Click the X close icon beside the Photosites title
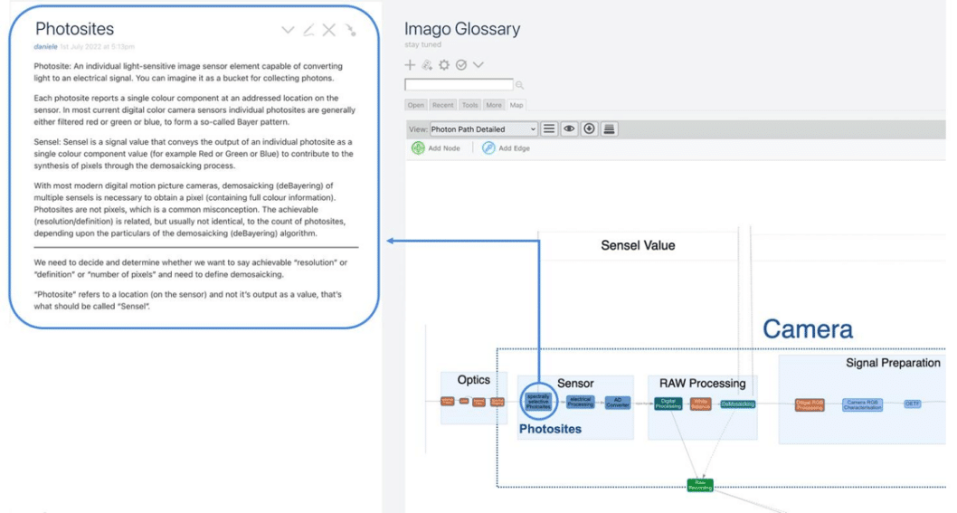[x=329, y=30]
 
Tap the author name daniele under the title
[x=45, y=46]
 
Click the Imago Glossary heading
[x=461, y=29]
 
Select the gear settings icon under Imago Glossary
[x=444, y=65]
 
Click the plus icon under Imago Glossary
[x=410, y=65]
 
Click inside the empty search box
[x=459, y=85]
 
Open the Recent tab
[x=442, y=105]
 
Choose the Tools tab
[x=469, y=105]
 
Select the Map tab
[x=515, y=105]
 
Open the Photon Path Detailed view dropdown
[x=483, y=129]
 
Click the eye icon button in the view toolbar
[x=569, y=129]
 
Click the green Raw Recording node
[x=699, y=486]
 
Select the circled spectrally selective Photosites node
[x=538, y=402]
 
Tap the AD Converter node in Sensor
[x=618, y=403]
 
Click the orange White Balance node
[x=701, y=404]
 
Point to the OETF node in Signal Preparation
[x=913, y=404]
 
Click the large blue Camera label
[x=807, y=328]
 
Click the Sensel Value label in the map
[x=638, y=245]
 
